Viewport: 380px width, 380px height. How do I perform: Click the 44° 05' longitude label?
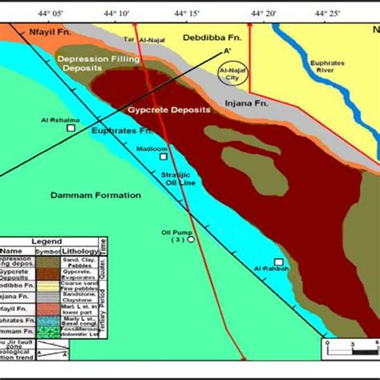click(49, 13)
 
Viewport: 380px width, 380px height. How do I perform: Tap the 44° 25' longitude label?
click(329, 13)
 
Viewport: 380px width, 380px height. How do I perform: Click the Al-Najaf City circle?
click(234, 75)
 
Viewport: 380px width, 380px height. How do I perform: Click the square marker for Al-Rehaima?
click(71, 128)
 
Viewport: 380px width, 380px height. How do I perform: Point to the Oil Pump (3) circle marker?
click(191, 239)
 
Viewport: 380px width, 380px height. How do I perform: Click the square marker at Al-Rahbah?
click(279, 262)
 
